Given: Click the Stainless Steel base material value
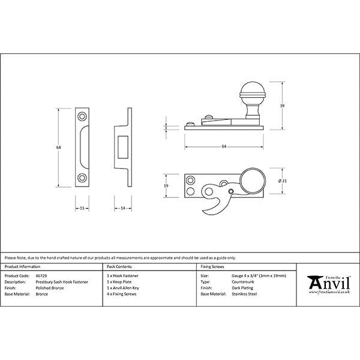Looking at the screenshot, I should tap(244, 294).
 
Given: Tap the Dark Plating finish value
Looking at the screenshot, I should tap(242, 287).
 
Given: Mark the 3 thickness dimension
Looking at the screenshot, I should tap(165, 127).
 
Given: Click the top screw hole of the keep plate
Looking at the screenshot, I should tap(82, 115).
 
